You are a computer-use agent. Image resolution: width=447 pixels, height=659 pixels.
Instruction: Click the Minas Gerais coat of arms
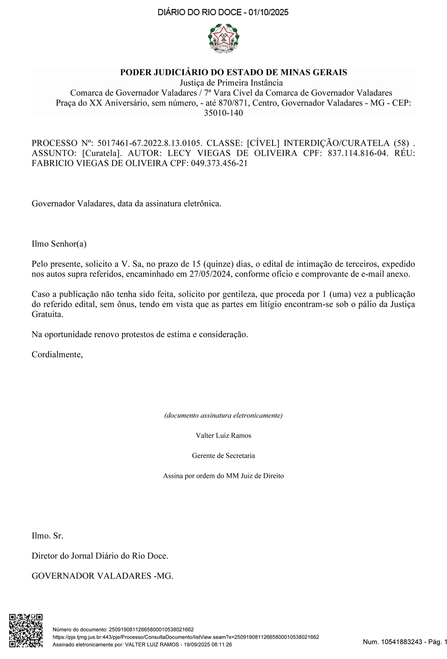pyautogui.click(x=223, y=38)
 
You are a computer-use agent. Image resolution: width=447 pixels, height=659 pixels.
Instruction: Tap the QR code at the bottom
pyautogui.click(x=26, y=630)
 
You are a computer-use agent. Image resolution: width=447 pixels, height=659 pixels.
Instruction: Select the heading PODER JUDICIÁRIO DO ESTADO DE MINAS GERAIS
pyautogui.click(x=233, y=72)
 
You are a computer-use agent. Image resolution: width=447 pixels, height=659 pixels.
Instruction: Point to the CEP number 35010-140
pyautogui.click(x=223, y=113)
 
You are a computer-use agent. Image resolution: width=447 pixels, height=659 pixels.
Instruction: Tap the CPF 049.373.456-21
pyautogui.click(x=219, y=163)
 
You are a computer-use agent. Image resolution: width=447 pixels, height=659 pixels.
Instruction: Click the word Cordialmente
pyautogui.click(x=57, y=355)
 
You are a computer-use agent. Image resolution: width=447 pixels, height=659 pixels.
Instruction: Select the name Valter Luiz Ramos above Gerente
pyautogui.click(x=223, y=436)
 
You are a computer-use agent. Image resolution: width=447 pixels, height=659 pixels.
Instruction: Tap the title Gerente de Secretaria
pyautogui.click(x=223, y=456)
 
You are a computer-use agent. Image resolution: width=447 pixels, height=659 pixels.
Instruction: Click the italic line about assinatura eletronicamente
pyautogui.click(x=223, y=416)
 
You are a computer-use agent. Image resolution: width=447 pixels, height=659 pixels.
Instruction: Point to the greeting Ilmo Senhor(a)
pyautogui.click(x=59, y=244)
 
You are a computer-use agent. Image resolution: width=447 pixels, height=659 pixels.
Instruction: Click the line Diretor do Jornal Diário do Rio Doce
pyautogui.click(x=100, y=556)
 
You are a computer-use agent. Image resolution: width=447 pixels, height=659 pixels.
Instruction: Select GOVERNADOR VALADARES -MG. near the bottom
pyautogui.click(x=102, y=576)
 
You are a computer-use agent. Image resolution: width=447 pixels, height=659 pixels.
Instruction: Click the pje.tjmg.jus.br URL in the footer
pyautogui.click(x=186, y=637)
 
